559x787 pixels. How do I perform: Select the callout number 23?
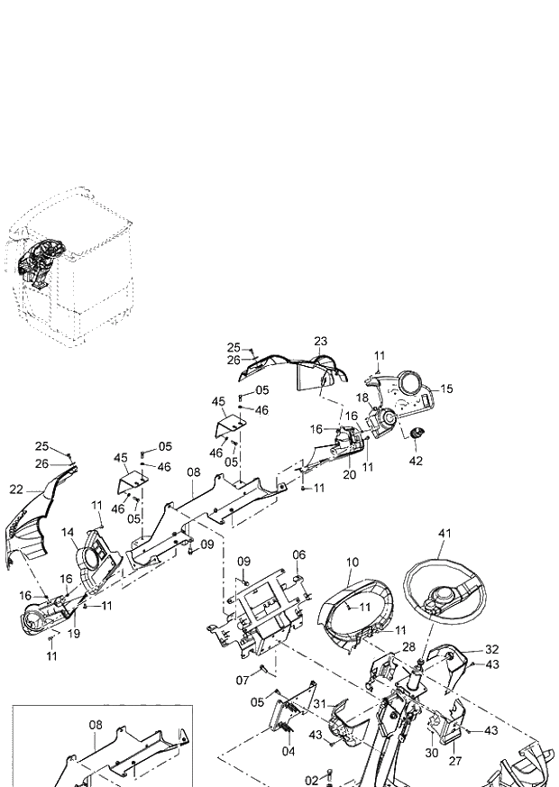(x=320, y=341)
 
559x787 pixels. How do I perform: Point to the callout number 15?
(x=446, y=389)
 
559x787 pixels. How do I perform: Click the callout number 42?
(x=416, y=461)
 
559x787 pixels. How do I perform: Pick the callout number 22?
(x=16, y=490)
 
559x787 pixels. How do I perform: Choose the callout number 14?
(x=69, y=534)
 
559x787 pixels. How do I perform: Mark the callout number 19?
(x=74, y=634)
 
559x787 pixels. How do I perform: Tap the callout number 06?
(x=299, y=554)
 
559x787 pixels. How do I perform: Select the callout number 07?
(x=242, y=679)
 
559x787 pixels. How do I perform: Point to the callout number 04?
(x=289, y=751)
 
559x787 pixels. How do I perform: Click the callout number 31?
(x=321, y=704)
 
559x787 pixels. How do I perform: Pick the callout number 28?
(x=408, y=647)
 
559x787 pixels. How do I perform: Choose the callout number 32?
(x=491, y=648)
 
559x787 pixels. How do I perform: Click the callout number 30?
(x=431, y=752)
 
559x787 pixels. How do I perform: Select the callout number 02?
(x=312, y=780)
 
